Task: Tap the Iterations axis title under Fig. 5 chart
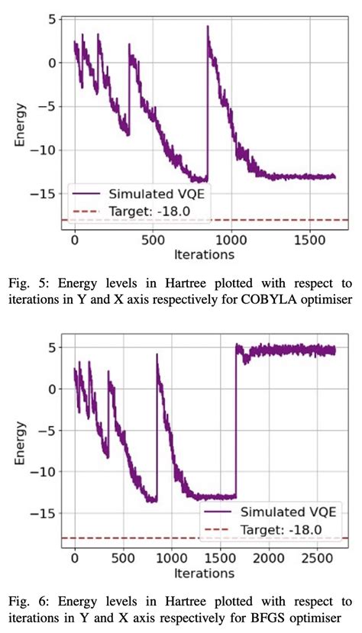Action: (203, 254)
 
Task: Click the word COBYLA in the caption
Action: (270, 300)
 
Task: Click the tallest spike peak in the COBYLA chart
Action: (208, 27)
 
